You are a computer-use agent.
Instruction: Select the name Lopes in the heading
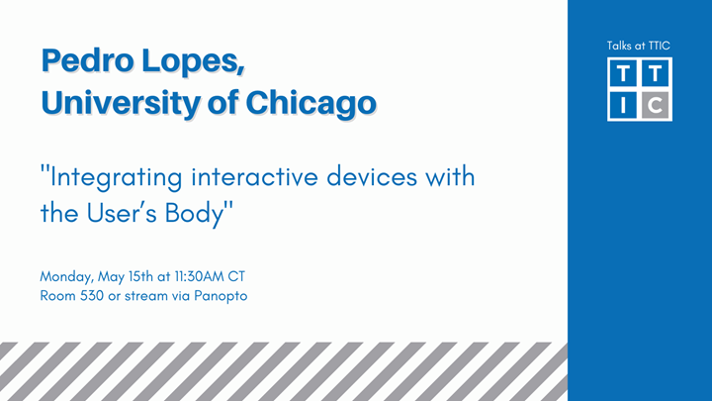(x=192, y=60)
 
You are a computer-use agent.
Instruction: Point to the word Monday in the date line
(x=65, y=275)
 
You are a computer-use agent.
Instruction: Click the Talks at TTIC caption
(x=639, y=46)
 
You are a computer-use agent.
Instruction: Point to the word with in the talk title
(x=450, y=179)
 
